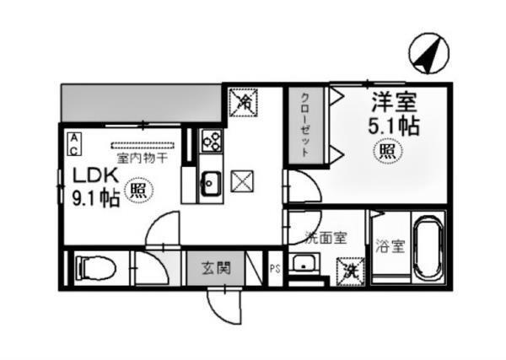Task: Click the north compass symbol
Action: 428,52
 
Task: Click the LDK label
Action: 90,177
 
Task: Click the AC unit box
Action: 74,143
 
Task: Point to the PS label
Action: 274,270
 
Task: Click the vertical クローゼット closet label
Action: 304,125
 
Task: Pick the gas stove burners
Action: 211,142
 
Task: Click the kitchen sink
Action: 210,182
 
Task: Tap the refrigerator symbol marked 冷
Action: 245,103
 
